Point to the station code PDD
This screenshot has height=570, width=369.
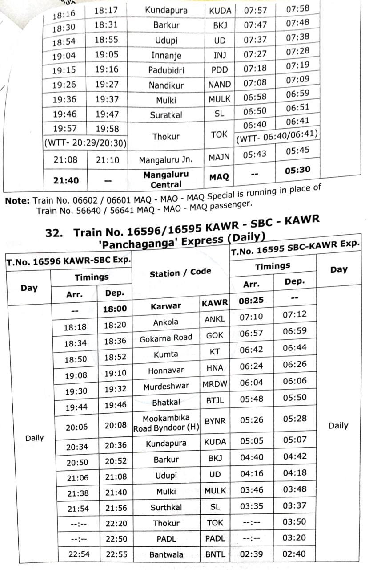click(x=220, y=70)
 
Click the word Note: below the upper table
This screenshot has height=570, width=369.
click(x=18, y=201)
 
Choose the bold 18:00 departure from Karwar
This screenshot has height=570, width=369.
click(x=115, y=309)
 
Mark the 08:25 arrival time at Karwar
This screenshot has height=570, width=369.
click(x=251, y=301)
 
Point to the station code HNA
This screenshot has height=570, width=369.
click(x=215, y=368)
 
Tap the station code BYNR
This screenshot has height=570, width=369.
click(x=215, y=420)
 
